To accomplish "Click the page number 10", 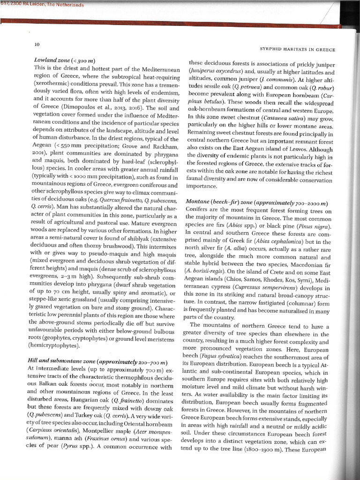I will click(x=37, y=45).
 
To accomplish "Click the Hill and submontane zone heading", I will click(x=98, y=362).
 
